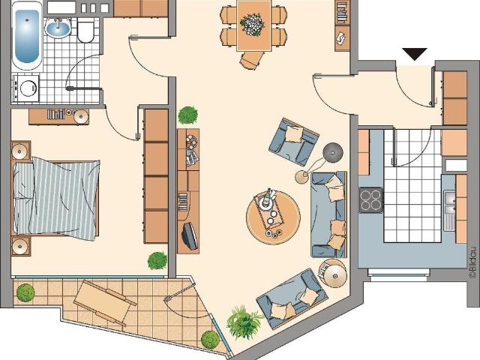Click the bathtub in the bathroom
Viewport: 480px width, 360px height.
tap(27, 34)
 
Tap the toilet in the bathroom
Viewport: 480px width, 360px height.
tap(85, 30)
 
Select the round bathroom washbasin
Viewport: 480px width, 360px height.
tap(58, 28)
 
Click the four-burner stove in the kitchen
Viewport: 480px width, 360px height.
tap(371, 200)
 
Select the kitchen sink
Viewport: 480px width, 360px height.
tap(448, 211)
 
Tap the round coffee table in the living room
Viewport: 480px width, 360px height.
tap(273, 217)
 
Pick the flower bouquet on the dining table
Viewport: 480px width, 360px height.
tap(252, 24)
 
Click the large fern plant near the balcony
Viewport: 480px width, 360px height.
tap(244, 322)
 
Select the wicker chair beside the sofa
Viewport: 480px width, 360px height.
tap(332, 272)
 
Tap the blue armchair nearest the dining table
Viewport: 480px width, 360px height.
tap(294, 140)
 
